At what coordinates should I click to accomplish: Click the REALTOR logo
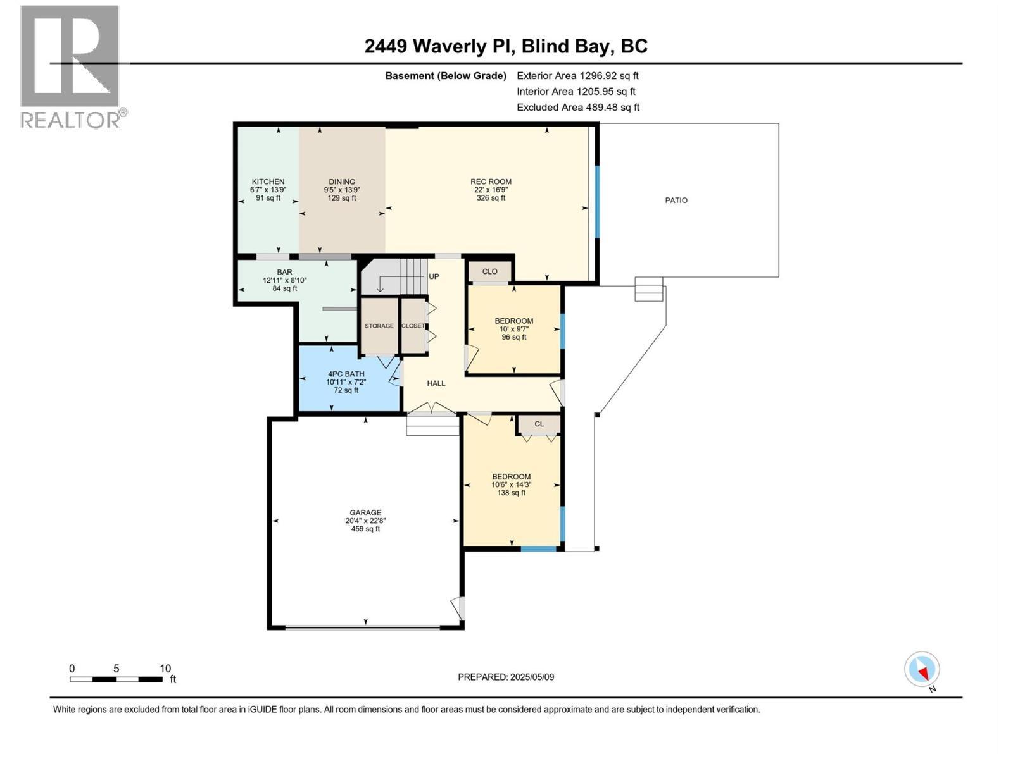[71, 66]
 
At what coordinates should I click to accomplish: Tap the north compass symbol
[922, 669]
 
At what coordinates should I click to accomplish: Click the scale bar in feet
[116, 679]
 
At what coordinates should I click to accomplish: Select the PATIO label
[676, 201]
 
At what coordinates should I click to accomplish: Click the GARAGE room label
[365, 513]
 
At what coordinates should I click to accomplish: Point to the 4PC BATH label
[346, 374]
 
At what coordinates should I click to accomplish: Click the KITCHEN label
[268, 182]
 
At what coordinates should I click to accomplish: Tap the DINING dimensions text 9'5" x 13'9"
[342, 190]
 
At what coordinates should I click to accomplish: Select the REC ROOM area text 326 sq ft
[491, 198]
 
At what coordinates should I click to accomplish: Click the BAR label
[284, 272]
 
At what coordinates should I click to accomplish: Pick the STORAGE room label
[379, 326]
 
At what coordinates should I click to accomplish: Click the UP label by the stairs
[434, 277]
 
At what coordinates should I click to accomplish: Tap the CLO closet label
[489, 271]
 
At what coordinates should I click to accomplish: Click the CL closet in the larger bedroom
[539, 424]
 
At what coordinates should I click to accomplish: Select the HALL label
[436, 383]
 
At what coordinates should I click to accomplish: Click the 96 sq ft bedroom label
[513, 337]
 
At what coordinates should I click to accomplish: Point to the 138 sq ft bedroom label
[511, 493]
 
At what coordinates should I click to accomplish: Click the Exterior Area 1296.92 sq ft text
[577, 76]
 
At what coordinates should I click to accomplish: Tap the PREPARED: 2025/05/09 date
[506, 677]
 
